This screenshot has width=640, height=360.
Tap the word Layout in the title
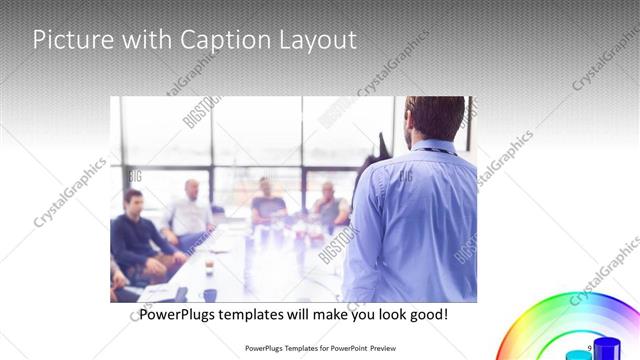click(x=315, y=41)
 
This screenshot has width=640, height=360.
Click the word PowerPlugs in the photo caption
click(x=177, y=314)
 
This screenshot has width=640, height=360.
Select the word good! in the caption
click(x=428, y=314)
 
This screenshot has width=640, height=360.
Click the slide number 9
click(x=590, y=346)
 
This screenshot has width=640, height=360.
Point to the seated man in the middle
click(x=266, y=204)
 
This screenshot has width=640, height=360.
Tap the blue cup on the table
click(x=210, y=295)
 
